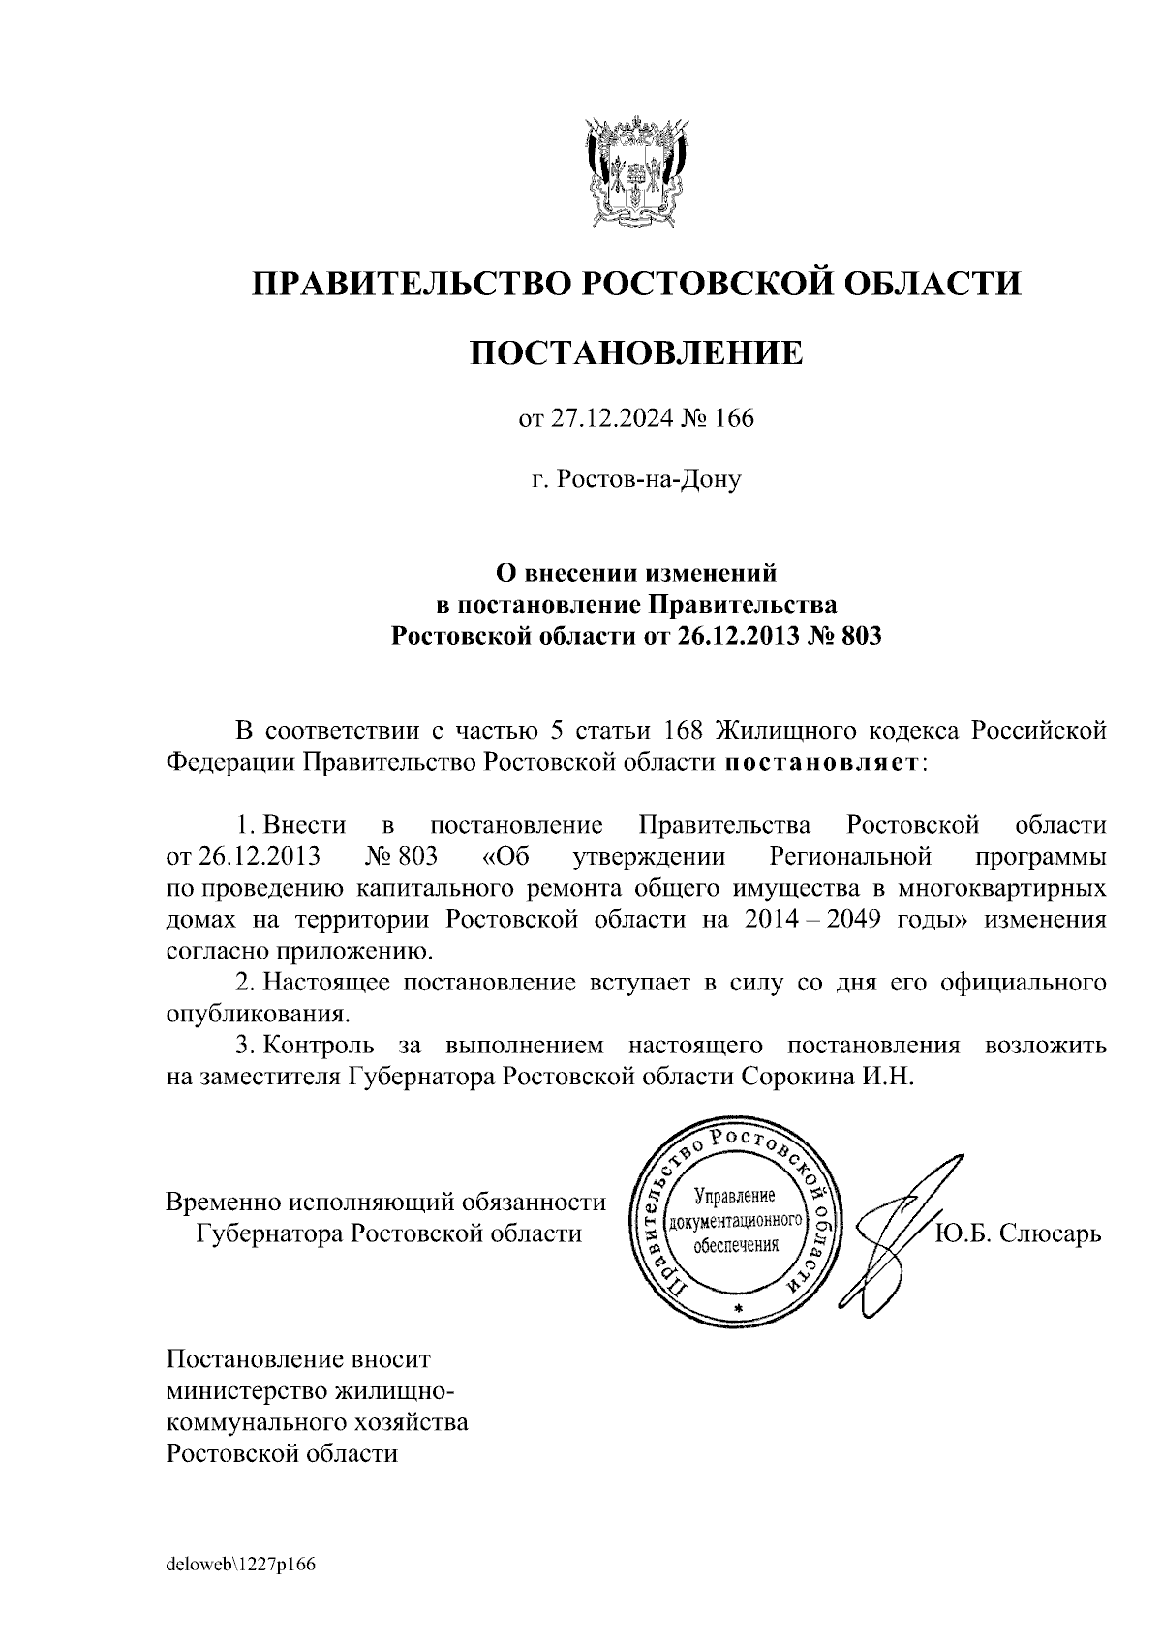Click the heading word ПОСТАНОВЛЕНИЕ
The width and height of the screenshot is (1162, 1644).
(x=636, y=352)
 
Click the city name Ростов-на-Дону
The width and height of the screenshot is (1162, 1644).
(x=636, y=479)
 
